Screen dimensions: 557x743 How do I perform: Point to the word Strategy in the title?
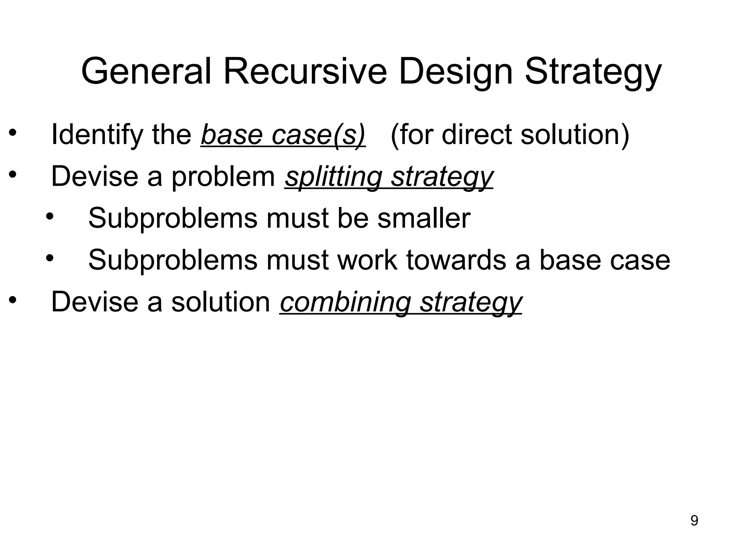(x=594, y=71)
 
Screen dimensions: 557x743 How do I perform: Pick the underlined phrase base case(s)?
(x=283, y=135)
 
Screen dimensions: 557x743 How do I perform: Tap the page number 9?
(x=694, y=521)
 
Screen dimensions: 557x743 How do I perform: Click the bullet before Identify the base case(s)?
(x=13, y=133)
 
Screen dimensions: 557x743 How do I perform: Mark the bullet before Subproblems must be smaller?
(x=50, y=217)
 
